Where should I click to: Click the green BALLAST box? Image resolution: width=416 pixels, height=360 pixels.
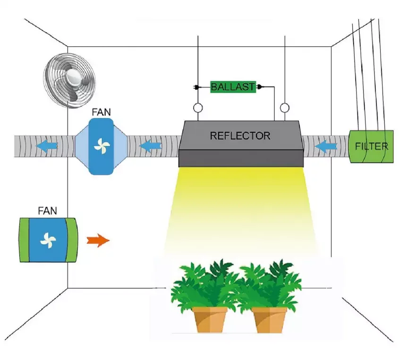233,87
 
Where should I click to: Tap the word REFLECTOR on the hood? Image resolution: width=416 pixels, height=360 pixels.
240,136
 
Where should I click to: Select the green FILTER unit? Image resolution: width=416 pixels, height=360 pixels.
371,146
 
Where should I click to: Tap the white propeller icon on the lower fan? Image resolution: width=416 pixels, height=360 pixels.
48,240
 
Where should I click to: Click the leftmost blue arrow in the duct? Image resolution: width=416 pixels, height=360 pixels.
47,146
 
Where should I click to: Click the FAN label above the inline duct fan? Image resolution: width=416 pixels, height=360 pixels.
102,114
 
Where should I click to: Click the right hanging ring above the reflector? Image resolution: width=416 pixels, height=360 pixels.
284,109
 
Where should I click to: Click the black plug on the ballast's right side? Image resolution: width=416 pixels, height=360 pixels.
259,87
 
